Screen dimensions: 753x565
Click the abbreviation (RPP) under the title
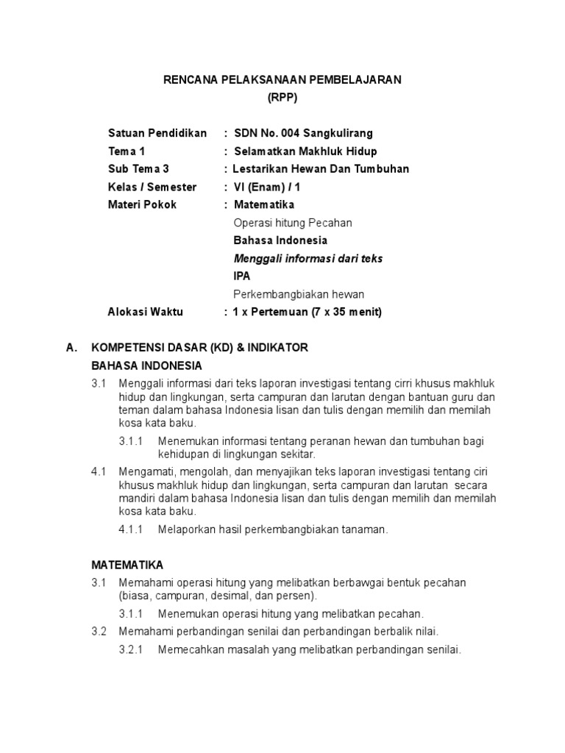click(282, 97)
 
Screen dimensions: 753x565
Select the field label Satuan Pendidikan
click(157, 133)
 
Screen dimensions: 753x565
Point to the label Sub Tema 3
click(138, 169)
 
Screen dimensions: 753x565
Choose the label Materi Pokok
click(142, 204)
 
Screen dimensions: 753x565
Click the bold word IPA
click(241, 276)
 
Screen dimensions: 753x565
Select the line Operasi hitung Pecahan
click(292, 223)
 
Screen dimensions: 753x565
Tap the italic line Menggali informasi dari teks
click(308, 258)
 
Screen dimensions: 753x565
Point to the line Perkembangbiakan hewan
click(298, 294)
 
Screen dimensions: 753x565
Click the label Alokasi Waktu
click(145, 312)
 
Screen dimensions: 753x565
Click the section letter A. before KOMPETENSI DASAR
click(71, 347)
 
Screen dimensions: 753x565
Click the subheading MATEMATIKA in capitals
click(127, 565)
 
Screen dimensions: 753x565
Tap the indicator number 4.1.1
click(132, 529)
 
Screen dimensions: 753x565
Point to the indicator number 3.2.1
click(132, 649)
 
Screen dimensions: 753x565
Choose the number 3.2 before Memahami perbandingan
click(99, 632)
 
